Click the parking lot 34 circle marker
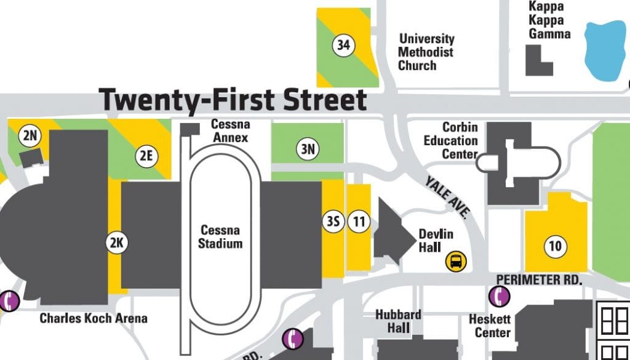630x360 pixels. click(343, 45)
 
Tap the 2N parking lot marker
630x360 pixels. click(30, 137)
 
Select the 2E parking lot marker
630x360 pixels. click(146, 156)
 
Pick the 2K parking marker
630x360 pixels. click(116, 243)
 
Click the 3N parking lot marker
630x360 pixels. click(308, 148)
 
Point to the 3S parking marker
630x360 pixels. click(333, 222)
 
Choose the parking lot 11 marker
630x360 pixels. click(358, 222)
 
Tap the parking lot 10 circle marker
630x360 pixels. click(555, 247)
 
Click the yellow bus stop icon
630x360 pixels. click(456, 262)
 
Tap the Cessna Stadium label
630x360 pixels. click(220, 237)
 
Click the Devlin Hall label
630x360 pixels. click(436, 241)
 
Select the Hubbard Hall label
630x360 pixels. click(399, 321)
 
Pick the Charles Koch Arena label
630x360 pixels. click(94, 318)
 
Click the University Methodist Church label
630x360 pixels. click(426, 52)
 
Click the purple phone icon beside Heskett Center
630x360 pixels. click(500, 297)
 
